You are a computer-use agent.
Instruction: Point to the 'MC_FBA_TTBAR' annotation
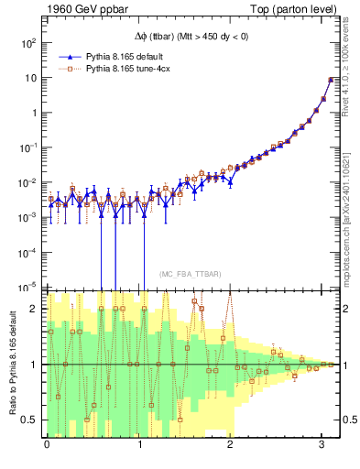coord(184,273)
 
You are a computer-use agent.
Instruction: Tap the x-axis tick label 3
coord(322,444)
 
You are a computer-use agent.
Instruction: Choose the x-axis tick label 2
coord(230,444)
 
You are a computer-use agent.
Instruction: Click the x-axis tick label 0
coord(47,444)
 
